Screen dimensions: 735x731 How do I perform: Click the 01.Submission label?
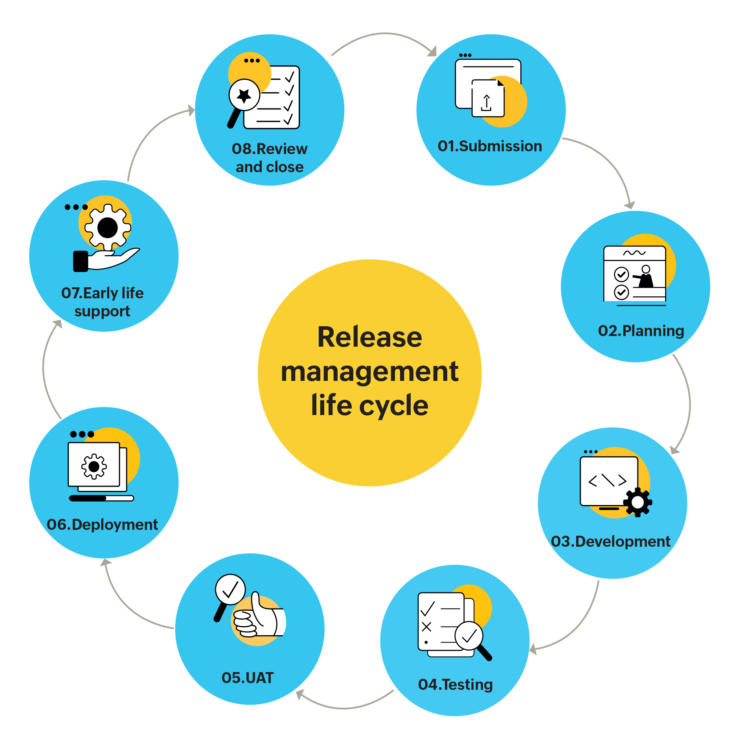(490, 146)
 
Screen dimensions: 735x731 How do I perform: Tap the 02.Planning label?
(641, 331)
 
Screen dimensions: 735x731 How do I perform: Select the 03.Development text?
(610, 542)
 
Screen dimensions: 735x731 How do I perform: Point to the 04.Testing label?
(455, 685)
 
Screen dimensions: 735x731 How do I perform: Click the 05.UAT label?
(248, 678)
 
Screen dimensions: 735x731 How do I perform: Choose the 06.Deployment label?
(102, 525)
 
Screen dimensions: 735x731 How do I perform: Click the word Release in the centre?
(369, 337)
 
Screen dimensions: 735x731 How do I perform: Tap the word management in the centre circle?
(369, 371)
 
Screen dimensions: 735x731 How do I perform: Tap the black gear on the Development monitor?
(637, 502)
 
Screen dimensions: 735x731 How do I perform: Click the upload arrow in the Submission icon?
(487, 103)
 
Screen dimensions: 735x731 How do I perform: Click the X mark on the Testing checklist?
(426, 627)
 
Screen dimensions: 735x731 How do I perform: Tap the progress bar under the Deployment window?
(101, 498)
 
